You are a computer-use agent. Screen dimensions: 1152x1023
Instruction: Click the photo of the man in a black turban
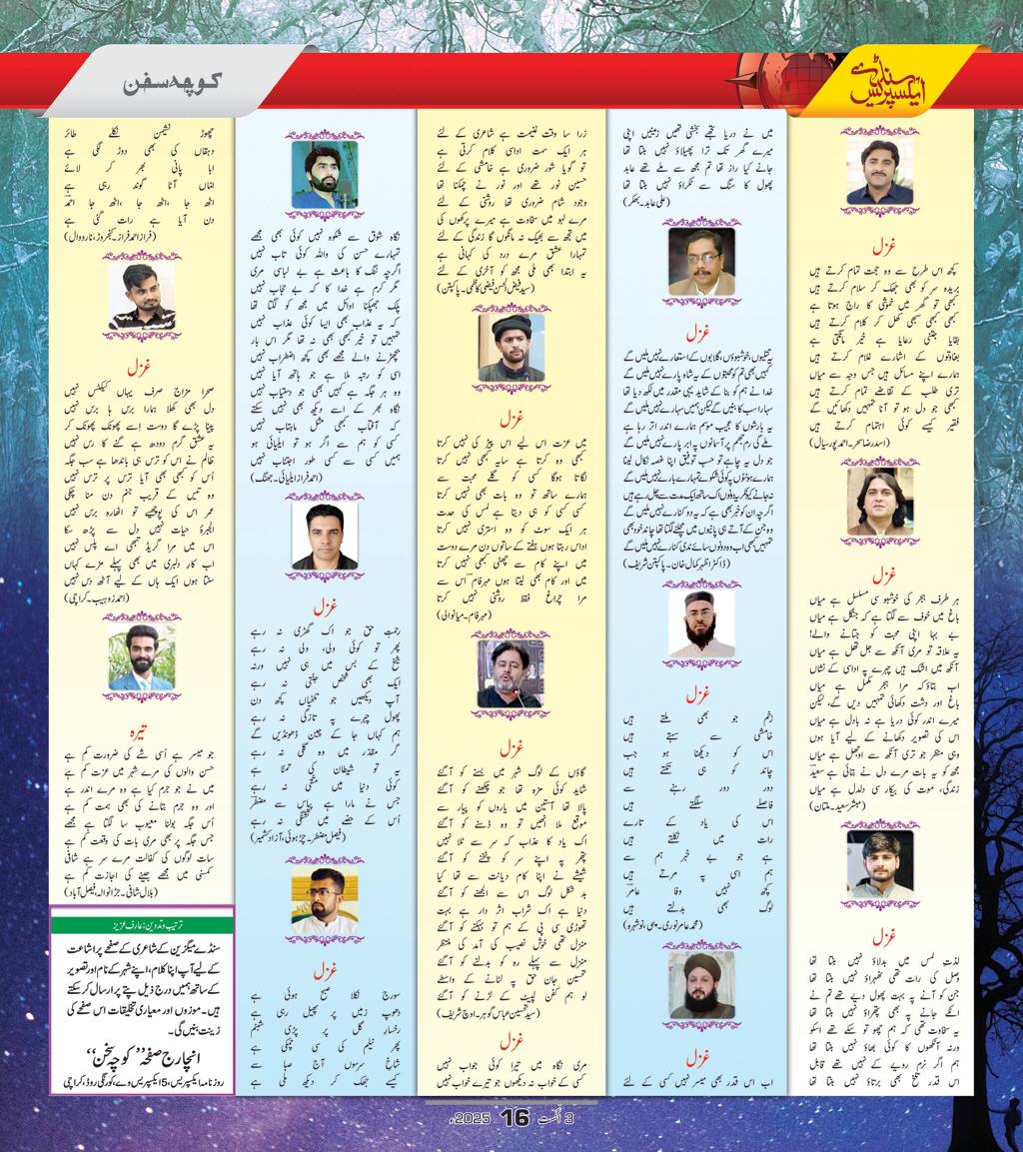click(511, 347)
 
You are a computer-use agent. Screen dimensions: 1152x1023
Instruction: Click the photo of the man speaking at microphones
click(511, 673)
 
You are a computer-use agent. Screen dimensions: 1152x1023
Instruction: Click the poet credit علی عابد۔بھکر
click(699, 201)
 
